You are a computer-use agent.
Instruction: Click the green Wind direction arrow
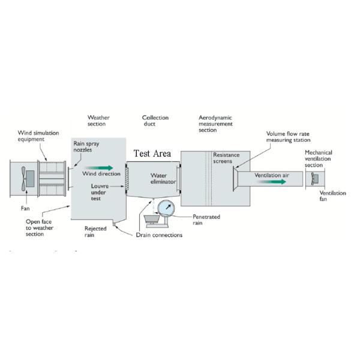(x=99, y=168)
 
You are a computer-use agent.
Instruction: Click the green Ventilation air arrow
(x=271, y=182)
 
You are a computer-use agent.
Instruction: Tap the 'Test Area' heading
(x=152, y=154)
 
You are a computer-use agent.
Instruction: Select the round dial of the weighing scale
(x=166, y=208)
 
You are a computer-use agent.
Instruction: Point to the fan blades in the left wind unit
(x=23, y=179)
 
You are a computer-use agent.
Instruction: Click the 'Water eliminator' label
(x=163, y=179)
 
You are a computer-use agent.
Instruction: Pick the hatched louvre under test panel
(x=126, y=179)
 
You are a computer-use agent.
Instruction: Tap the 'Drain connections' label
(x=159, y=235)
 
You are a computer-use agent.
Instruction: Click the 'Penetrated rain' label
(x=206, y=220)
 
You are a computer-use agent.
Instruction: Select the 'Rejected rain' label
(x=95, y=232)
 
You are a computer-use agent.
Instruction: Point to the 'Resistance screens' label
(x=226, y=158)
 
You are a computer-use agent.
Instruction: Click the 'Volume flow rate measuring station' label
(x=288, y=137)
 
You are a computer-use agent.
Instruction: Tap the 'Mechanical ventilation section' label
(x=318, y=158)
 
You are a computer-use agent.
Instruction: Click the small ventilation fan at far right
(x=315, y=178)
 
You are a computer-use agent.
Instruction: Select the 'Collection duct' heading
(x=155, y=121)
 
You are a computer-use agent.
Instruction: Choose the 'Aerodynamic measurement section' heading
(x=215, y=124)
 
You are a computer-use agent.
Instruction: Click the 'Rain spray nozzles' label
(x=86, y=147)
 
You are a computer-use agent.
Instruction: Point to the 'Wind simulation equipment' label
(x=38, y=136)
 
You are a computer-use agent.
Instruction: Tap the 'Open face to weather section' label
(x=39, y=228)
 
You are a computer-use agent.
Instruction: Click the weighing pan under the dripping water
(x=152, y=218)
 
